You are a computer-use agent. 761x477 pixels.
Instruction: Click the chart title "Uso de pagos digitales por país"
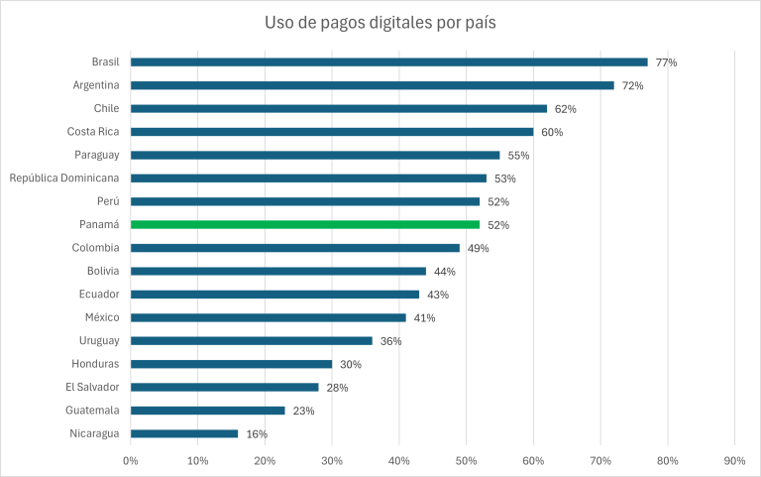(x=380, y=23)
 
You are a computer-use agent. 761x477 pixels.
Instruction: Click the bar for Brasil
(x=388, y=61)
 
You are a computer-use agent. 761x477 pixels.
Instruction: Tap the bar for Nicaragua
(x=184, y=433)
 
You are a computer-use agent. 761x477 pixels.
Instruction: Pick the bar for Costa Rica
(x=332, y=131)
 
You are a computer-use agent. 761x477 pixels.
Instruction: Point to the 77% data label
(x=665, y=62)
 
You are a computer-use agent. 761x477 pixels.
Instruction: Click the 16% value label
(x=257, y=434)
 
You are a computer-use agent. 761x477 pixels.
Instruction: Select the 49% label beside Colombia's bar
(x=478, y=248)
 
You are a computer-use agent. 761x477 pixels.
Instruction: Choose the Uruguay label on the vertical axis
(x=99, y=340)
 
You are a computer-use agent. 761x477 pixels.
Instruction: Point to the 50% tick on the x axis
(x=466, y=460)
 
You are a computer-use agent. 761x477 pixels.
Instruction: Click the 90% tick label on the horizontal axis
(x=734, y=460)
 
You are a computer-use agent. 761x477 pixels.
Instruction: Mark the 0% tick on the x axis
(x=131, y=460)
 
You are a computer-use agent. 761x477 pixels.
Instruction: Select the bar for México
(x=269, y=317)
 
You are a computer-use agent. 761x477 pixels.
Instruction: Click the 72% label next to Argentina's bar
(x=632, y=86)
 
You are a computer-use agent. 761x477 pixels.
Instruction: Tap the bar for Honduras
(x=231, y=364)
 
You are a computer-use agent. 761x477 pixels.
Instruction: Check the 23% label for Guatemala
(x=303, y=411)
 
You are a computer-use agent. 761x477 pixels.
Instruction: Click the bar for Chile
(x=339, y=108)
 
